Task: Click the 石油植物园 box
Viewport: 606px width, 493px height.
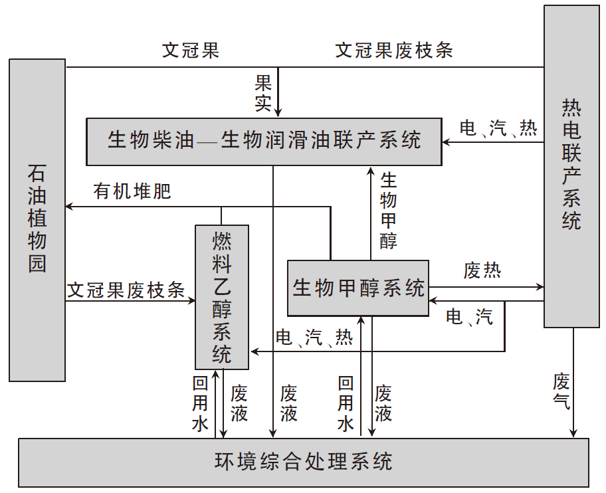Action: [x=37, y=220]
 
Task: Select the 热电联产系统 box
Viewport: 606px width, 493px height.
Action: [x=571, y=166]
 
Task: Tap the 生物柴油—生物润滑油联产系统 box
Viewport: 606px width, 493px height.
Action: [x=264, y=141]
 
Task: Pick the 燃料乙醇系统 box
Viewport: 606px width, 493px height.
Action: [x=222, y=297]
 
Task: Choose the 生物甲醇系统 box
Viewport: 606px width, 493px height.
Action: [x=358, y=288]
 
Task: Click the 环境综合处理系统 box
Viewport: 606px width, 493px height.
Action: [x=304, y=462]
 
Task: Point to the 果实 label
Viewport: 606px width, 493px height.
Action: [x=264, y=92]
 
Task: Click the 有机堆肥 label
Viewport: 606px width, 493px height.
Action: [x=132, y=192]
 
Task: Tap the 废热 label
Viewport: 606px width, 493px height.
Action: [x=482, y=270]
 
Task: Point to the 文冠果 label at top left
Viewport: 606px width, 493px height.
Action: [x=191, y=51]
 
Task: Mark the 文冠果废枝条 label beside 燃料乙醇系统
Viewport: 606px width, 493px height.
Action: [x=126, y=290]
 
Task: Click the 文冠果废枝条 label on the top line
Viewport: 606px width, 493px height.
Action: [x=394, y=51]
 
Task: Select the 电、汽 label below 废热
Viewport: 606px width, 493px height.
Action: [x=469, y=318]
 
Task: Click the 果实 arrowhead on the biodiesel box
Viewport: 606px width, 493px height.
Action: [x=278, y=114]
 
